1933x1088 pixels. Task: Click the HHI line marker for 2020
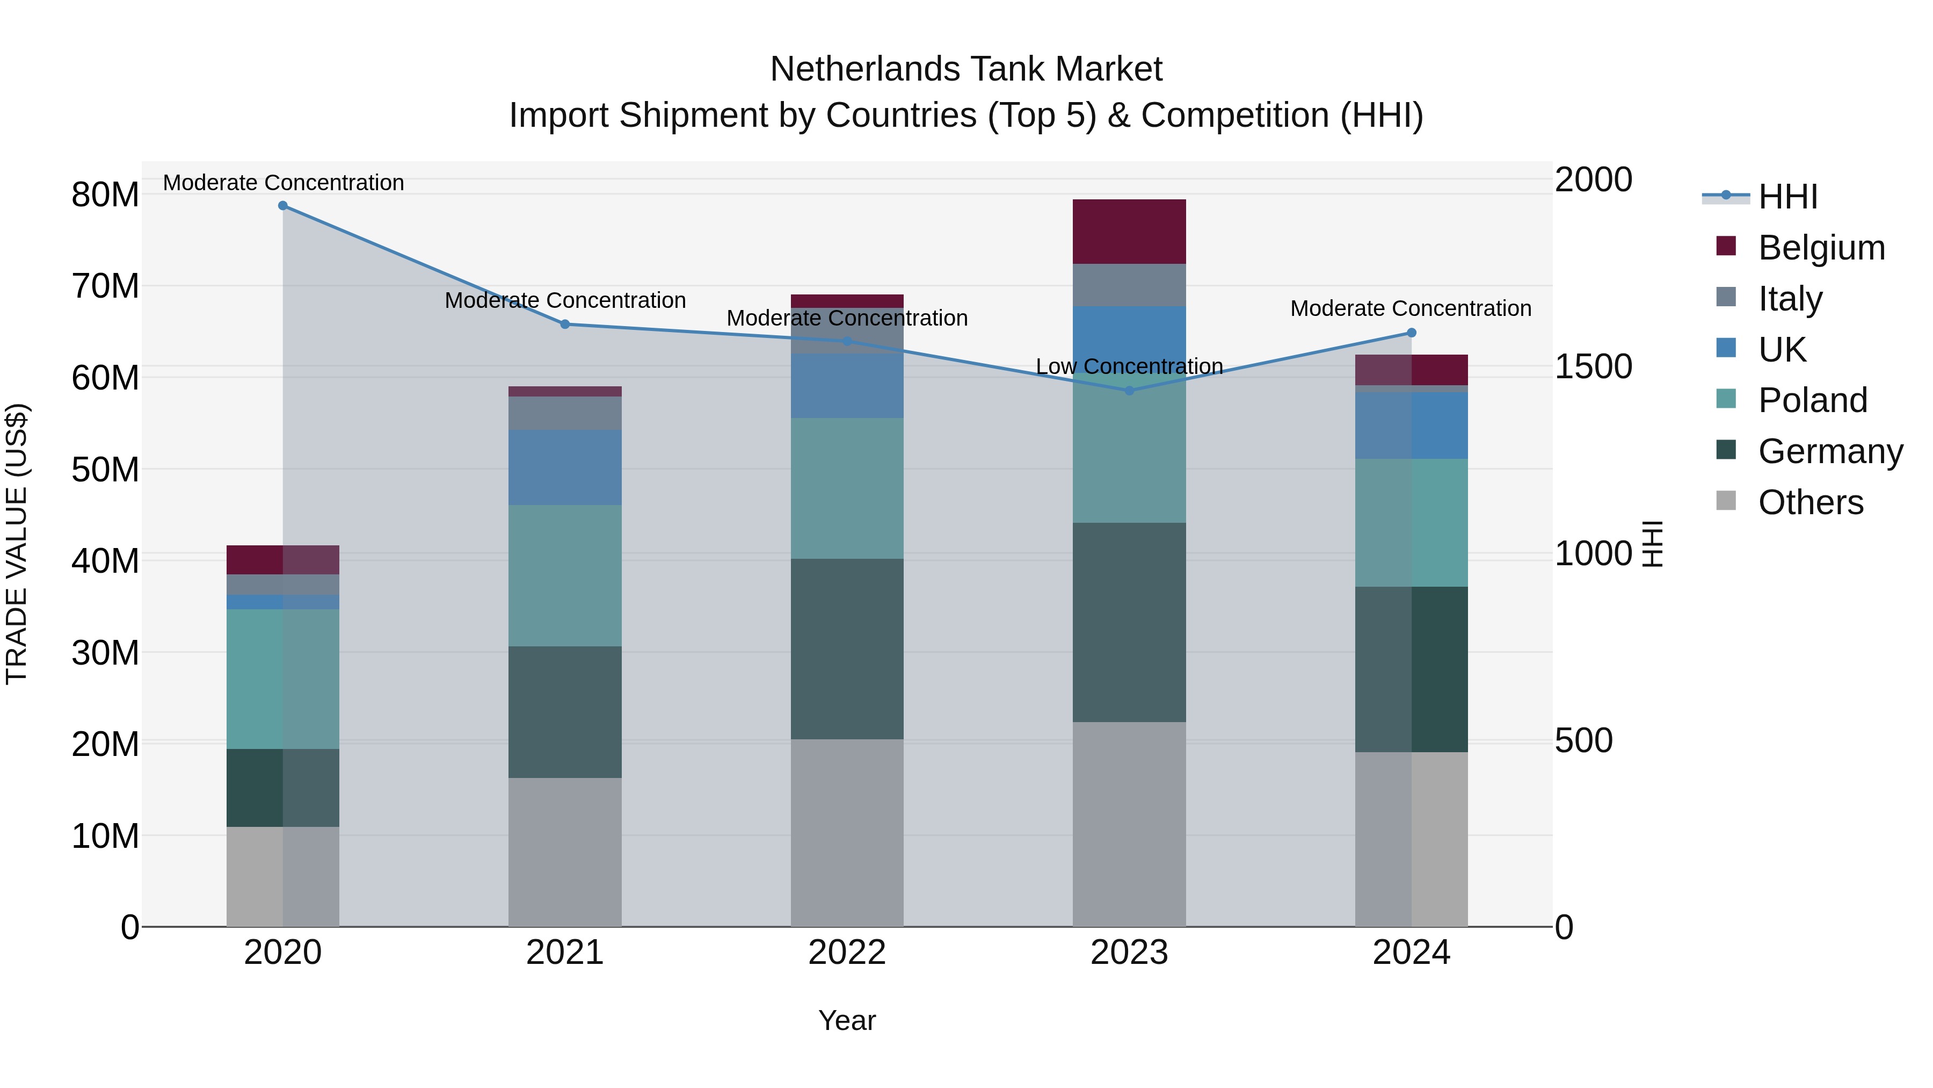tap(283, 206)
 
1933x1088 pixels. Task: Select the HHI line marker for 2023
tap(1129, 391)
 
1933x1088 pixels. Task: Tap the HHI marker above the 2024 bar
tap(1412, 333)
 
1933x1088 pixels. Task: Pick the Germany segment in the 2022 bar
tap(847, 649)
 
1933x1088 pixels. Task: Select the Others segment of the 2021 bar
tap(565, 852)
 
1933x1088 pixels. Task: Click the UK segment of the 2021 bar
tap(565, 467)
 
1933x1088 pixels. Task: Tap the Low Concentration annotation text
tap(1129, 366)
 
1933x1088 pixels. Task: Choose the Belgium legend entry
tap(1821, 248)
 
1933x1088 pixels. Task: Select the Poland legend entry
tap(1812, 400)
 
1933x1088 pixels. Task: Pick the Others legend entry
tap(1810, 502)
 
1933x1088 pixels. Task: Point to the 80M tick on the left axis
tap(105, 194)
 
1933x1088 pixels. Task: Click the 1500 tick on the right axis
tap(1593, 366)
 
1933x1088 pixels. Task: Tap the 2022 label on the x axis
tap(847, 953)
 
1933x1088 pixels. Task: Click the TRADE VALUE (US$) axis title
tap(17, 544)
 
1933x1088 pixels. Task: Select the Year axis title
tap(847, 1020)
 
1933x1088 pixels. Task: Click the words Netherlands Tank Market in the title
tap(966, 69)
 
